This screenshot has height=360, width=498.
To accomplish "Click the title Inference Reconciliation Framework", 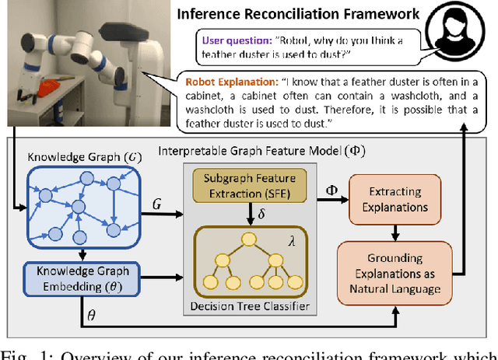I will [299, 13].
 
